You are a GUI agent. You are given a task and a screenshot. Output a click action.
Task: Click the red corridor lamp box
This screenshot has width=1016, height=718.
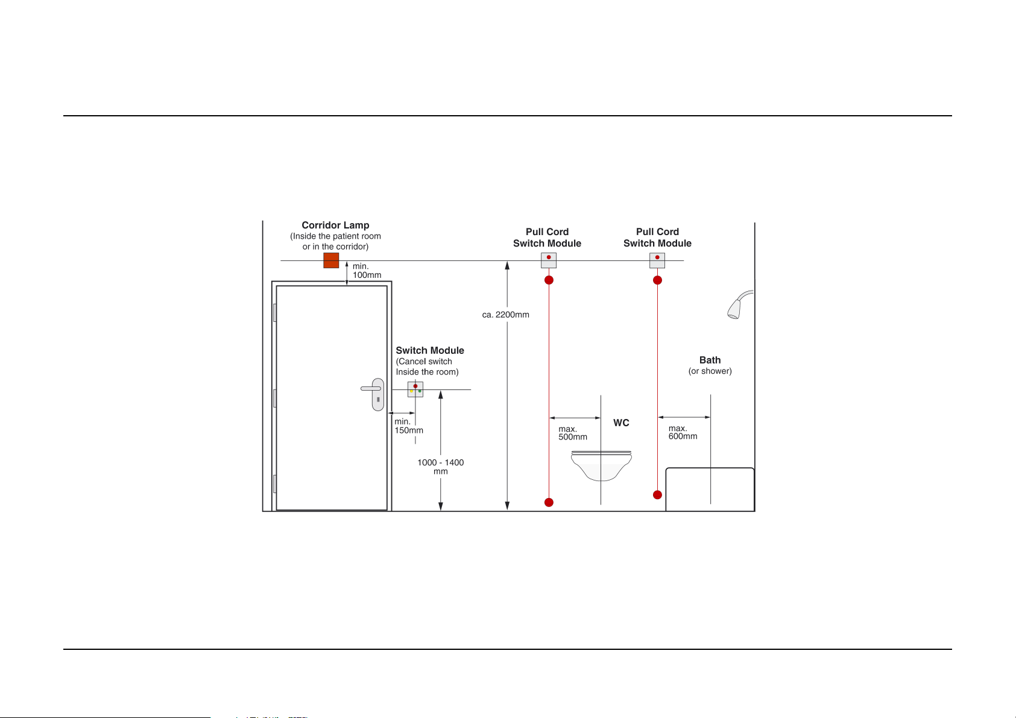click(331, 260)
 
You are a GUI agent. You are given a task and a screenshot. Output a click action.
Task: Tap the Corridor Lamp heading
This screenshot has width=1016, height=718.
click(335, 225)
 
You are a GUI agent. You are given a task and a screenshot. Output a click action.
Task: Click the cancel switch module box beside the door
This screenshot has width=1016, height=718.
click(415, 389)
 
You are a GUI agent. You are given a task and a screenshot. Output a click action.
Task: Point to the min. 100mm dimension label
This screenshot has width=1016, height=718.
click(367, 271)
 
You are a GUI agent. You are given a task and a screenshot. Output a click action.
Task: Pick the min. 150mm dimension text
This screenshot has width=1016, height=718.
click(409, 426)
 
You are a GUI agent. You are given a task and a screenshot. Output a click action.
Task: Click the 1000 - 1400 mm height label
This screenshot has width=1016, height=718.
click(441, 467)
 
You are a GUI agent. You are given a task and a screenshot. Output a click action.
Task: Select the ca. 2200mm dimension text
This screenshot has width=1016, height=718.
click(505, 315)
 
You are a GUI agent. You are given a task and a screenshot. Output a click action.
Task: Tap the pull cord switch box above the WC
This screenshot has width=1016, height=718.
click(549, 260)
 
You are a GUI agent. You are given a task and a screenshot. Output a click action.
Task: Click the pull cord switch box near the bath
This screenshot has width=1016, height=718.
click(657, 260)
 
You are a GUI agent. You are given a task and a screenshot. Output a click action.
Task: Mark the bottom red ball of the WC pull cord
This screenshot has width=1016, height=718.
click(549, 502)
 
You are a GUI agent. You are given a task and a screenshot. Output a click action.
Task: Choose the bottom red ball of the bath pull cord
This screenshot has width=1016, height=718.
click(657, 495)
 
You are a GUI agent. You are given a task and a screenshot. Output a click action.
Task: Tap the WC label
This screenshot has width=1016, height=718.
click(621, 423)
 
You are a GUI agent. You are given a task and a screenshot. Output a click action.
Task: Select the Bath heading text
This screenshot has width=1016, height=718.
click(710, 361)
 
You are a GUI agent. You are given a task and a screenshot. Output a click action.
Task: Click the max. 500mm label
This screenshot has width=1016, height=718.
click(572, 433)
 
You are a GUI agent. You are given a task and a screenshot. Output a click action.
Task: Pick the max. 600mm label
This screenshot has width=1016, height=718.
click(683, 433)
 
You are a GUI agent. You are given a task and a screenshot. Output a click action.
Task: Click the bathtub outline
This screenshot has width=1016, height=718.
click(710, 489)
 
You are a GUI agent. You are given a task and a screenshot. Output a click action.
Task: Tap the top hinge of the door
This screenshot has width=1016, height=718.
click(275, 312)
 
